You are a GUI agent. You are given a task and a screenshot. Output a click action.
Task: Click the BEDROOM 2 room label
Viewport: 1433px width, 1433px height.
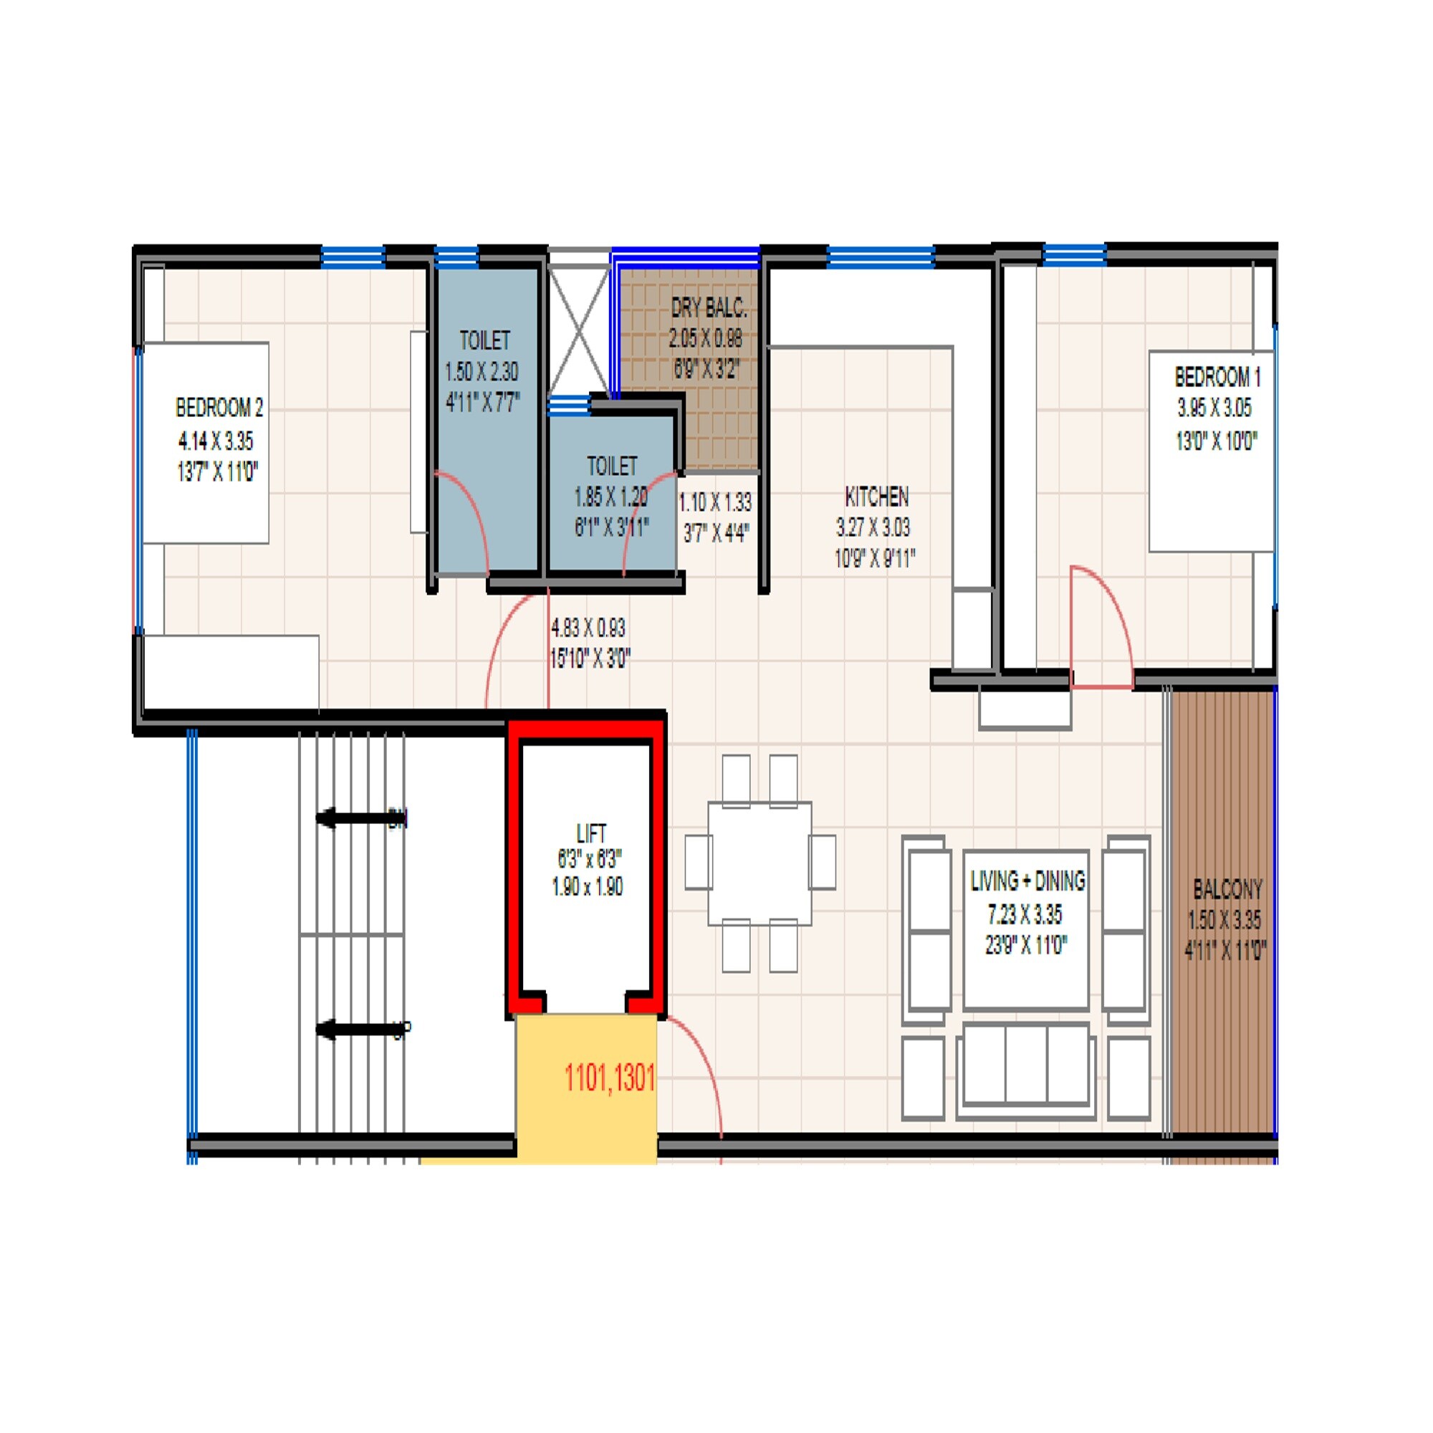tap(219, 407)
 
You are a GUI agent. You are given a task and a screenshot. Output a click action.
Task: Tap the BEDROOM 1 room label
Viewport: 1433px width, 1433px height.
tap(1217, 378)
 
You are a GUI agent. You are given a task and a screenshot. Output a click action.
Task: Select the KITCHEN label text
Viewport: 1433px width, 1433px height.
tap(876, 497)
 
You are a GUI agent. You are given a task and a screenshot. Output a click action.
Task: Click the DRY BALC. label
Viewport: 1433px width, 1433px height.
tap(709, 308)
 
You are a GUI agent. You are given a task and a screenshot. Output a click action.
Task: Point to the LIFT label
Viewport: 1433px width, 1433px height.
tap(591, 834)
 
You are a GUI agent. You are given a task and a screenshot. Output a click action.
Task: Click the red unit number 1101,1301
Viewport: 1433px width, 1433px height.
tap(610, 1078)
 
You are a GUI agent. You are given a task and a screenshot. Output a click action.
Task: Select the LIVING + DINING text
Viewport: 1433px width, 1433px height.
tap(1027, 881)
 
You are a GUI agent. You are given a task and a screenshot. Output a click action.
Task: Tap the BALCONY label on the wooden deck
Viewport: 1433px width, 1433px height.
tap(1227, 888)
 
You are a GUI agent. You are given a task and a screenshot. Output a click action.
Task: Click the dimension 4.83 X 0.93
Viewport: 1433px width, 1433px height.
tap(588, 628)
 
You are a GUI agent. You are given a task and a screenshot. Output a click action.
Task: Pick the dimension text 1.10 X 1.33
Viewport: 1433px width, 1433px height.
tap(715, 503)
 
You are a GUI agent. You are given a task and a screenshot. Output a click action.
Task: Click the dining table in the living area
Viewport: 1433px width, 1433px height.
tap(759, 863)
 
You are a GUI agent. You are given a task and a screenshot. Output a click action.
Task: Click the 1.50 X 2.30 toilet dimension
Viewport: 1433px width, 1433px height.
tap(481, 372)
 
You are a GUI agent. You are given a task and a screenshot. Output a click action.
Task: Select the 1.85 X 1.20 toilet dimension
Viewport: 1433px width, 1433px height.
tap(610, 497)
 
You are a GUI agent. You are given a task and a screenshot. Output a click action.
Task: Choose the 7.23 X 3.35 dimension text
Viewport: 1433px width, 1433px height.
tap(1025, 915)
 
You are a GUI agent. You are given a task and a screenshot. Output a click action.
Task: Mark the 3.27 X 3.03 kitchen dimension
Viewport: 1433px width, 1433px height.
tap(873, 528)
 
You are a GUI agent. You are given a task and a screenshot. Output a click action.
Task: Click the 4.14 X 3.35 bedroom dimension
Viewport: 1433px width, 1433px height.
tap(216, 441)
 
